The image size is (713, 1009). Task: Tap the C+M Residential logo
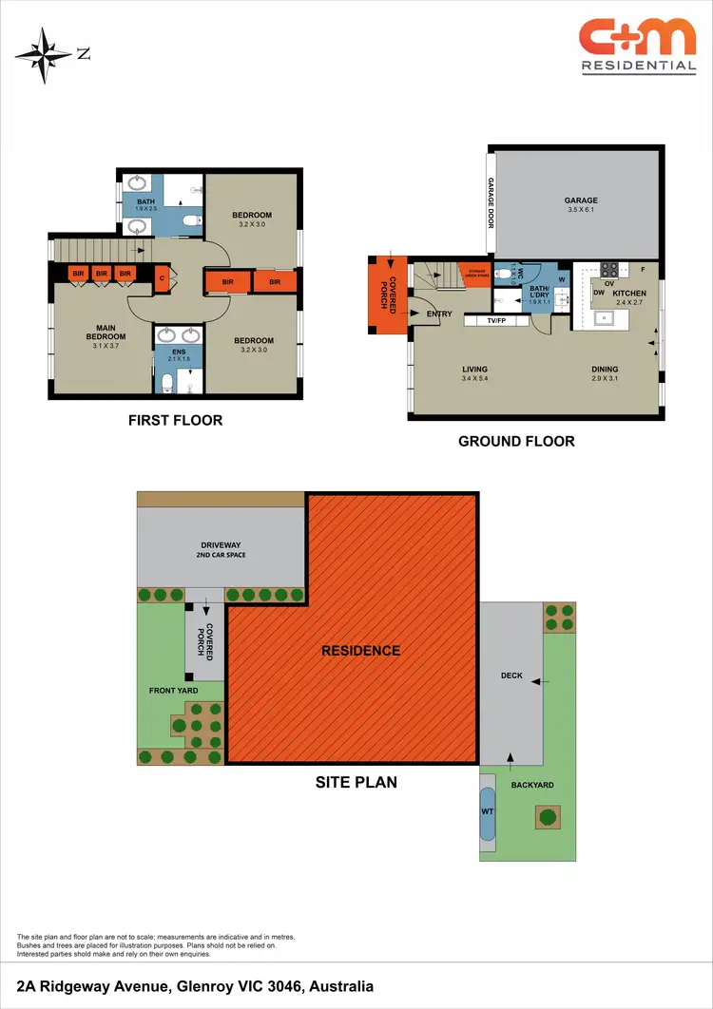point(637,46)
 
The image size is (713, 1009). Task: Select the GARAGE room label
point(581,200)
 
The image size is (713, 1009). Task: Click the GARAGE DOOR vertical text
point(491,203)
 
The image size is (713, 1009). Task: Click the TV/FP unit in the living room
point(494,321)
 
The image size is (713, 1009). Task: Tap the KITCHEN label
point(629,294)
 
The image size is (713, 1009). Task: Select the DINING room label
point(605,370)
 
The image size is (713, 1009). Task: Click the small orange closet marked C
point(163,278)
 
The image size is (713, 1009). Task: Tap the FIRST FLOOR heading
point(175,420)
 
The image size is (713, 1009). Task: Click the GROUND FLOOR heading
point(516,441)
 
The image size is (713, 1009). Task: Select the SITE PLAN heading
point(356,783)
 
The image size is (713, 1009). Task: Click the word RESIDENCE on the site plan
point(360,651)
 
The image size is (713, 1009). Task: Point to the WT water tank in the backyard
point(488,813)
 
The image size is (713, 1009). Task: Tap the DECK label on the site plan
point(511,676)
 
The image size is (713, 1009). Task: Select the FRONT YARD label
point(173,690)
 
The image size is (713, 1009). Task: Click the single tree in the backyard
point(546,815)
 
